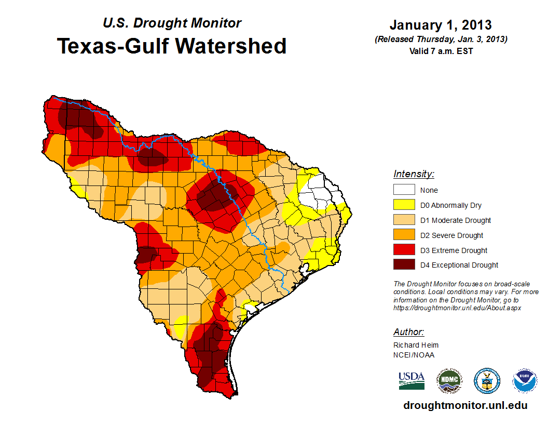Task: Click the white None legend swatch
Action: [x=404, y=190]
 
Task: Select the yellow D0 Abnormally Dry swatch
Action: [x=404, y=205]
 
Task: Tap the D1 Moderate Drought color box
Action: [x=404, y=220]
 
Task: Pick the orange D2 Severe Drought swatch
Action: [x=404, y=235]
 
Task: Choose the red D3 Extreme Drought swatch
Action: [x=404, y=250]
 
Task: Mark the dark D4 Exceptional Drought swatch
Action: [x=404, y=265]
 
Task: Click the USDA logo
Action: [x=412, y=380]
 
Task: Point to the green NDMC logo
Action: [x=449, y=381]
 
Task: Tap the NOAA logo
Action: [x=525, y=381]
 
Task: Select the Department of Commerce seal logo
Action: [x=487, y=381]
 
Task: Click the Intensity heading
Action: [x=414, y=174]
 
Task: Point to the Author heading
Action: [x=408, y=332]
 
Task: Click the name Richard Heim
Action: [x=416, y=345]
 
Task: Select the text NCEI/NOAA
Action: [x=414, y=355]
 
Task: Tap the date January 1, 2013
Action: [x=441, y=25]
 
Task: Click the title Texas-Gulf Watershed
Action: [x=172, y=46]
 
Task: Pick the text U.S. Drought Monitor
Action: [x=172, y=23]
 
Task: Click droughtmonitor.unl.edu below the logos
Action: [x=465, y=405]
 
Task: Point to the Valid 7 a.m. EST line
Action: [x=441, y=50]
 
